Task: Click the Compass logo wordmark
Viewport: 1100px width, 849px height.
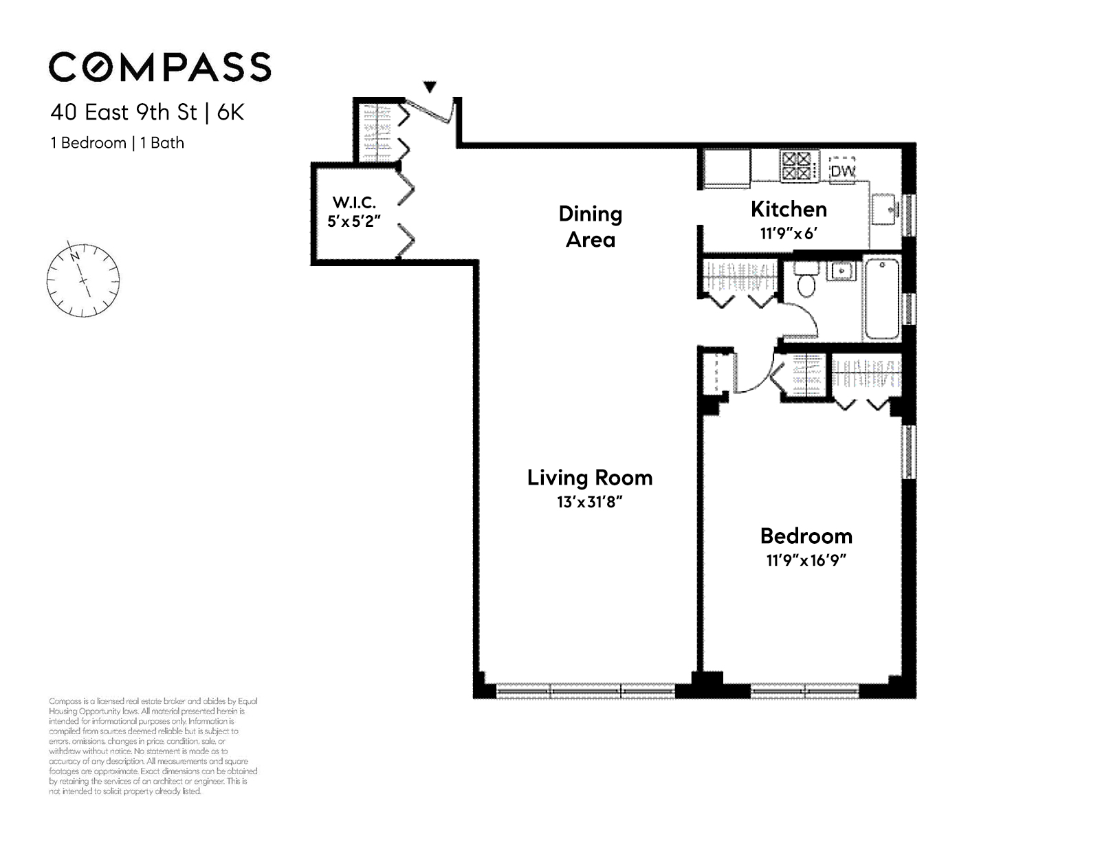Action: tap(160, 67)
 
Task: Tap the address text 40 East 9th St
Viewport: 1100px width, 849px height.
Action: tap(124, 112)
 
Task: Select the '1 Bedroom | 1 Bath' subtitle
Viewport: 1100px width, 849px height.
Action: tap(118, 143)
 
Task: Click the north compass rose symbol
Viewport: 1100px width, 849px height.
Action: tap(83, 280)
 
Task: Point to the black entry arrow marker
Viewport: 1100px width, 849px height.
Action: tap(430, 87)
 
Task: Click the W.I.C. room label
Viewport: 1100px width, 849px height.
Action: tap(354, 202)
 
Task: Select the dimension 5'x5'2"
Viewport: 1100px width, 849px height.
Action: tap(354, 221)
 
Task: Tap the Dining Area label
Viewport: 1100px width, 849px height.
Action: tap(591, 227)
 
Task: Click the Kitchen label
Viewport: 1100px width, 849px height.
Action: tap(789, 209)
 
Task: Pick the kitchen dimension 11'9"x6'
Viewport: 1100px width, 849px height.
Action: tap(789, 233)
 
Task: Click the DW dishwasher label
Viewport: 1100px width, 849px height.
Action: tap(843, 172)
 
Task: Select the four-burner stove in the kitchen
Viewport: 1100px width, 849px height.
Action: tap(797, 166)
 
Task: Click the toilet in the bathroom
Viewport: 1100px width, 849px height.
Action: tap(806, 279)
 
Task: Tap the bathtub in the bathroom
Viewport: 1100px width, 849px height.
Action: tap(882, 299)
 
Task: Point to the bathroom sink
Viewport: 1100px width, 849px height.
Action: tap(841, 271)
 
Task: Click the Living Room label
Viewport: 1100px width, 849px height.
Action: tap(590, 478)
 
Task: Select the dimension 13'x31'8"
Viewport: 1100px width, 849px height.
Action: tap(590, 502)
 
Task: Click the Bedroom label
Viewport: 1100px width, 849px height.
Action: tap(806, 536)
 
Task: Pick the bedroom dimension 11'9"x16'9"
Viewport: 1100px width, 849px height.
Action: tap(806, 560)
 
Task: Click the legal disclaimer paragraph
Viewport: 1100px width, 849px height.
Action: tap(153, 747)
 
